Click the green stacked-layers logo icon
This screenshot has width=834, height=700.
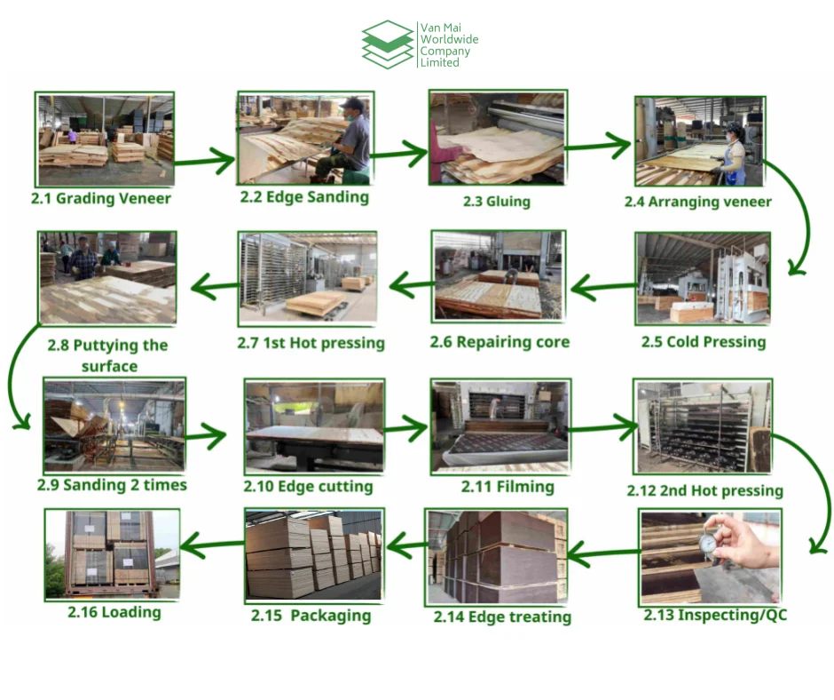(x=388, y=44)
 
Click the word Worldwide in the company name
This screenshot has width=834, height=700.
(x=450, y=40)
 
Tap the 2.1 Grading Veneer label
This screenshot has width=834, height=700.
(x=101, y=198)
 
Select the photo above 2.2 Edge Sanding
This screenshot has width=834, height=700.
(x=304, y=137)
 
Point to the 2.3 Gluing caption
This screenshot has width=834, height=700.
(x=497, y=202)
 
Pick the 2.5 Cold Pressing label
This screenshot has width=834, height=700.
(x=704, y=341)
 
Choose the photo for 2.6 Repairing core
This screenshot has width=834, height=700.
(x=497, y=275)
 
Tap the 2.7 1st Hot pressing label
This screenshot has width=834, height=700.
(x=311, y=342)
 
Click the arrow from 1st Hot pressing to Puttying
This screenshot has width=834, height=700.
(x=213, y=287)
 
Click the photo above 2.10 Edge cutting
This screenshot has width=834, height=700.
(x=314, y=426)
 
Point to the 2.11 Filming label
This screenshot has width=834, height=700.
(x=507, y=487)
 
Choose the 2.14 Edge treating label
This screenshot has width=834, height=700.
(x=502, y=616)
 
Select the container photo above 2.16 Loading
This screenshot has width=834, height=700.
(x=111, y=553)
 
